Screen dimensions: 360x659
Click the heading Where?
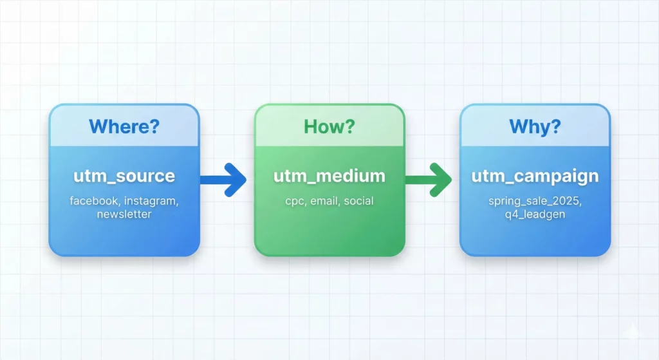click(x=124, y=126)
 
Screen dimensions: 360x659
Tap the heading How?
click(x=329, y=126)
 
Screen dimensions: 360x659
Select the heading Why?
click(x=535, y=126)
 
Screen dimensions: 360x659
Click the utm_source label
click(x=124, y=176)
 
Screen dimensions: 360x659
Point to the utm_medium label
click(x=329, y=176)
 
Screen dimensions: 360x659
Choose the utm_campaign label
click(x=535, y=176)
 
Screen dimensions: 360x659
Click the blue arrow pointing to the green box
click(x=225, y=179)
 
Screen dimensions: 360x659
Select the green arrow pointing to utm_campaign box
click(x=431, y=179)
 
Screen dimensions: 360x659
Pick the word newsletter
click(x=124, y=214)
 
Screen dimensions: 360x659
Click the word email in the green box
click(x=324, y=202)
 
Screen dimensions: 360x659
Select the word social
click(x=358, y=202)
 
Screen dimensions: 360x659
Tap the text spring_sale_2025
click(x=534, y=202)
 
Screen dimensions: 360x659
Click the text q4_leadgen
click(x=535, y=214)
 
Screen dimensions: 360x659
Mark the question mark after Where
click(x=153, y=126)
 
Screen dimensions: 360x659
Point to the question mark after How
click(x=349, y=126)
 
